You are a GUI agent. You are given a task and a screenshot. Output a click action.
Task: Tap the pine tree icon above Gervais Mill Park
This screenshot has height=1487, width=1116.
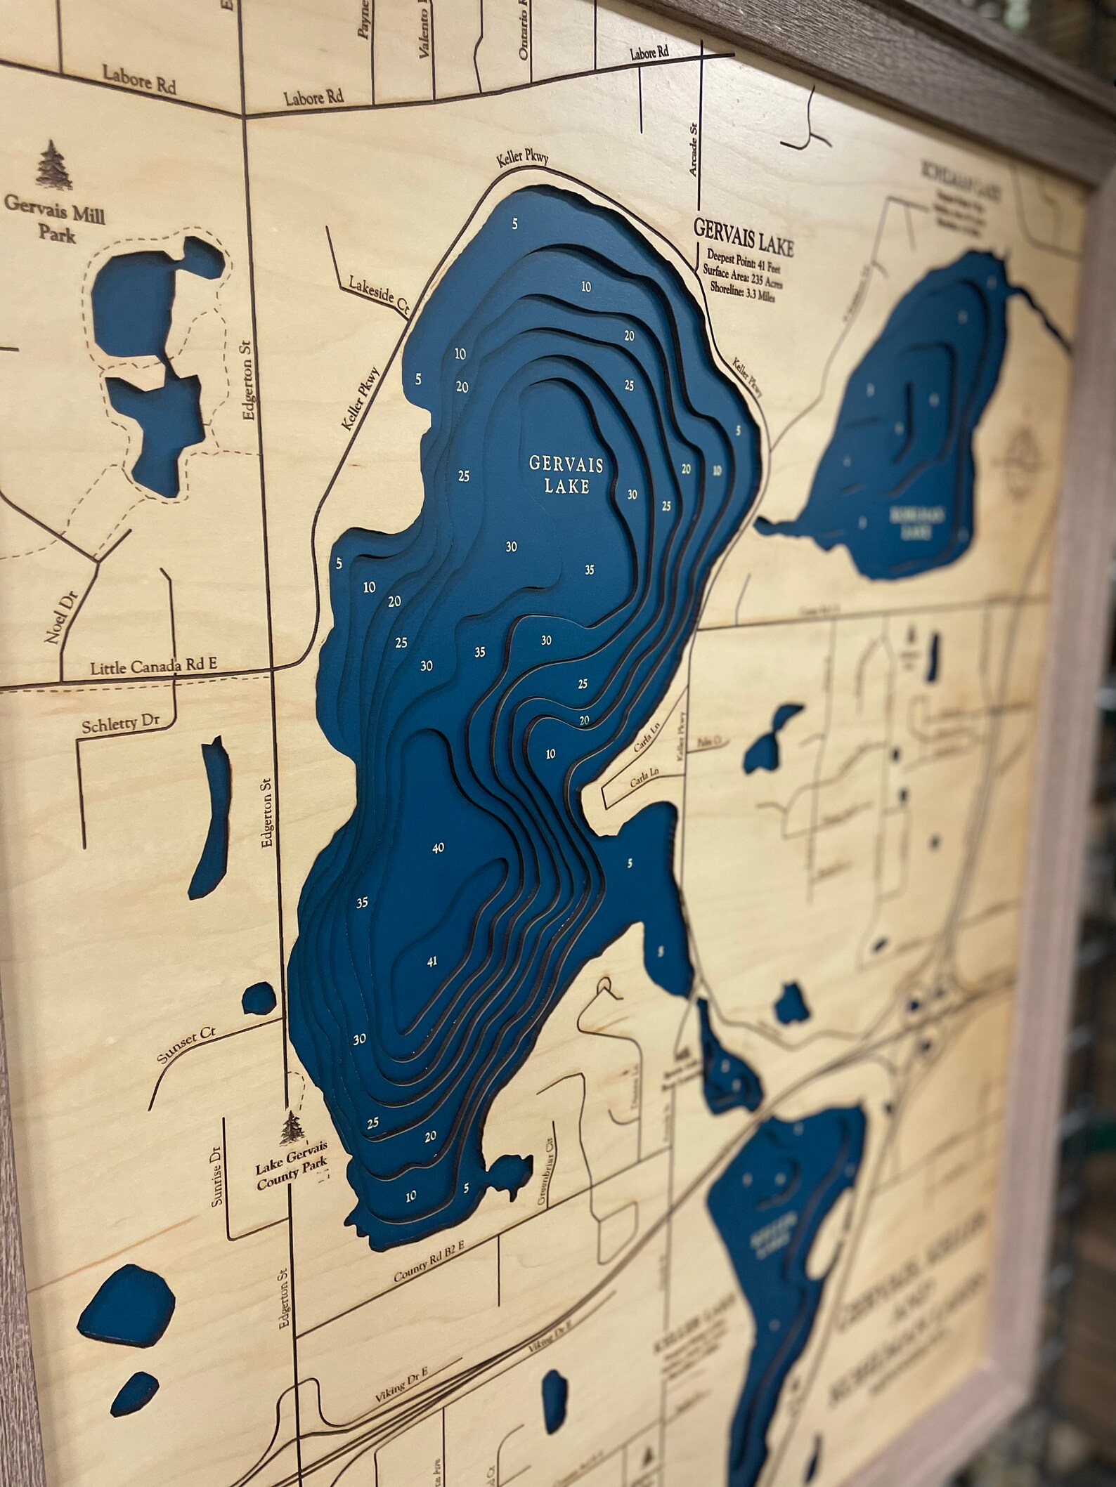coord(53,166)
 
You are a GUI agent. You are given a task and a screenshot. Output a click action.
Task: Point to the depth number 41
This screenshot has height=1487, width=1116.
coord(432,962)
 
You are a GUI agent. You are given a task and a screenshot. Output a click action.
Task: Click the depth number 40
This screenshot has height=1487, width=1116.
coord(438,849)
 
